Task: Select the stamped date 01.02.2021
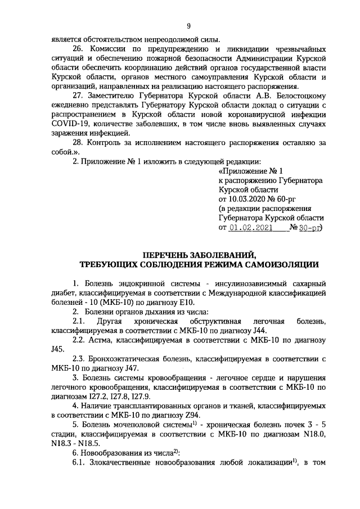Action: pyautogui.click(x=251, y=228)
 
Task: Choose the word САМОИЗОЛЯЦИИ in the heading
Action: pyautogui.click(x=277, y=263)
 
